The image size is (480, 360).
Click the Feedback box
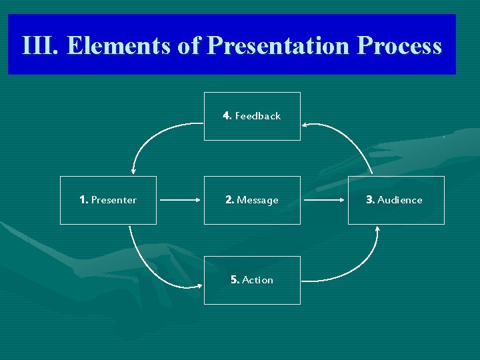(x=252, y=116)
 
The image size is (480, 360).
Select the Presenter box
(x=108, y=200)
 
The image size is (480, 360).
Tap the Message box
(x=252, y=200)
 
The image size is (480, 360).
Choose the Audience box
(x=396, y=200)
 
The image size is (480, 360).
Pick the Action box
(x=252, y=280)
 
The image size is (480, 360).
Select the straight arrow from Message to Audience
(x=324, y=199)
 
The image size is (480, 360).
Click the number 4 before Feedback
(x=227, y=116)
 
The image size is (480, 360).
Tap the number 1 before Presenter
(x=83, y=200)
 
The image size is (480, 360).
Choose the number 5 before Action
(x=234, y=280)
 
